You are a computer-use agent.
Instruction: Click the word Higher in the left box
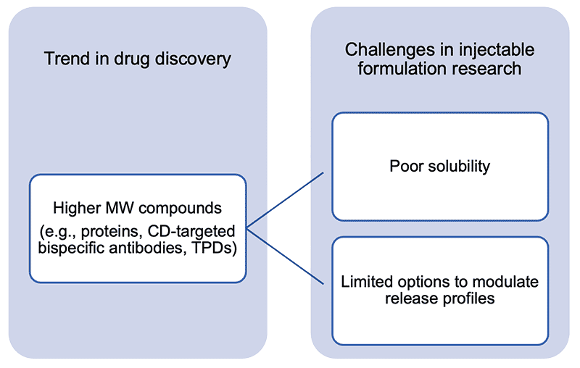click(77, 209)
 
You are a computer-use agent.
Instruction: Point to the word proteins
click(112, 232)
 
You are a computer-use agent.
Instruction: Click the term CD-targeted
click(191, 232)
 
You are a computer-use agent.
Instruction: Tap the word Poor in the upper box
click(406, 167)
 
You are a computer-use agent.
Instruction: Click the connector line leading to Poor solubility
click(285, 200)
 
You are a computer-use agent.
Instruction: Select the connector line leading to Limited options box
click(285, 256)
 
